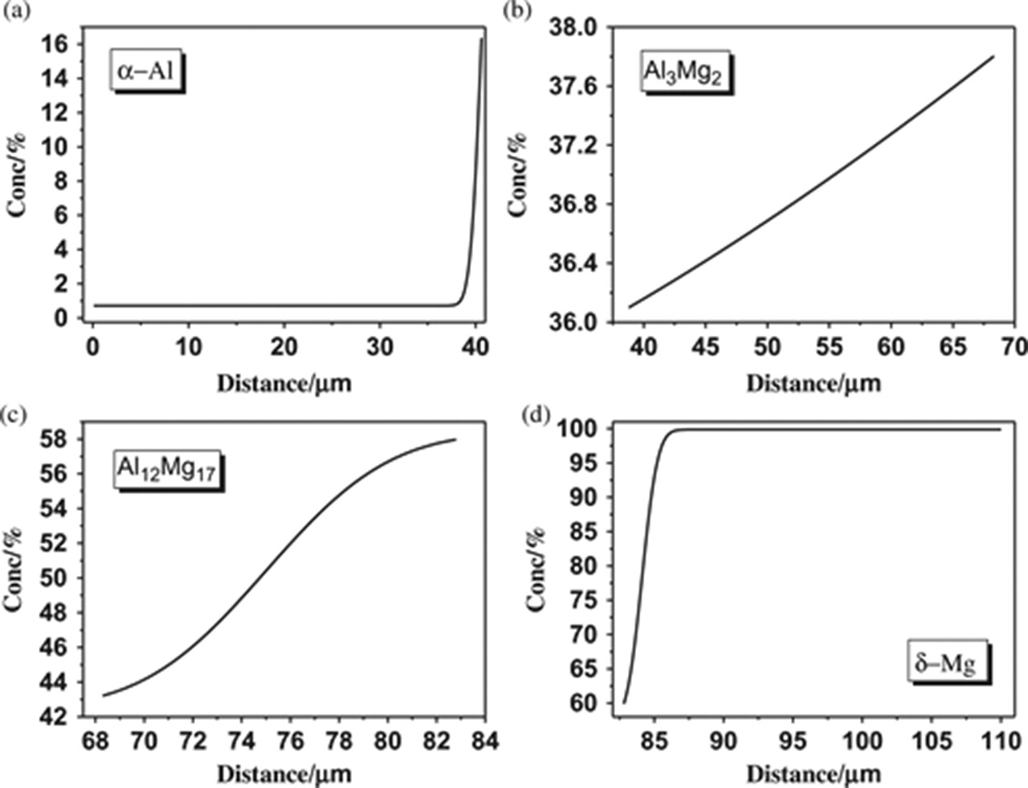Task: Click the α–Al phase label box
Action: (x=148, y=71)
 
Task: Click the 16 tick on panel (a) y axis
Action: (x=55, y=44)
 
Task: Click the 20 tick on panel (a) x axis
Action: (x=284, y=348)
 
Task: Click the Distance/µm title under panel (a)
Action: (x=284, y=382)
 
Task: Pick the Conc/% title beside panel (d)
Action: (x=536, y=569)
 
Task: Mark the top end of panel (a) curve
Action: (x=482, y=38)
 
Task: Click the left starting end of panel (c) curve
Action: (x=103, y=696)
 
